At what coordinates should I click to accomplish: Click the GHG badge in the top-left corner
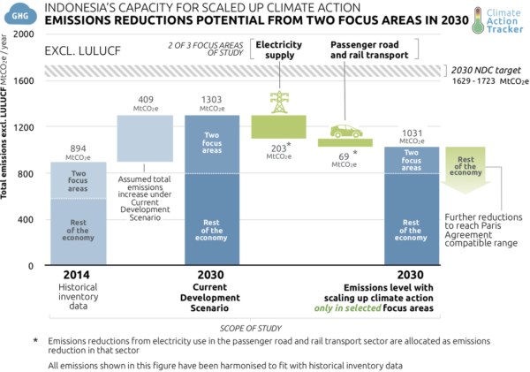(17, 14)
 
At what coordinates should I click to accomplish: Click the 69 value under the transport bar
(344, 156)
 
